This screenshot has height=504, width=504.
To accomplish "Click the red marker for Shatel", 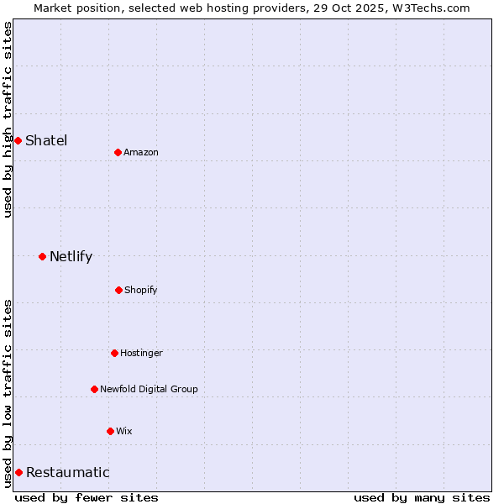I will [18, 140].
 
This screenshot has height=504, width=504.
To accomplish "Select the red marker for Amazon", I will [118, 152].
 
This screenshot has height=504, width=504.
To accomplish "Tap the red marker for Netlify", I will [42, 256].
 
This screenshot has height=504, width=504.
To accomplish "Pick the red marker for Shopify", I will [118, 290].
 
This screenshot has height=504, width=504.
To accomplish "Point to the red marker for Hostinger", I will [114, 353].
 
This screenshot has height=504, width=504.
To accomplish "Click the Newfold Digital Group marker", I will [94, 389].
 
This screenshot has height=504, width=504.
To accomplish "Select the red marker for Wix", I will [110, 431].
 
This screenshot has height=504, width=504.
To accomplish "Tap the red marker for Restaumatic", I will [18, 472].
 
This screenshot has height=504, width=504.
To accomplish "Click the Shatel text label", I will [46, 140].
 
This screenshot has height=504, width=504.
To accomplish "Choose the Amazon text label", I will [141, 152].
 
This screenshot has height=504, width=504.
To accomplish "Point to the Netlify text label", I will [71, 256].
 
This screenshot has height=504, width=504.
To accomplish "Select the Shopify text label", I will [141, 290].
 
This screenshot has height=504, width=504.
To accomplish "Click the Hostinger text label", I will [141, 353].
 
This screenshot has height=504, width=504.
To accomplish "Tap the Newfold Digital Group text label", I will [149, 389].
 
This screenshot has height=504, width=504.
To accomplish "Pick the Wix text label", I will [124, 431].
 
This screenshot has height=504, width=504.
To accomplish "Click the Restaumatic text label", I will [67, 472].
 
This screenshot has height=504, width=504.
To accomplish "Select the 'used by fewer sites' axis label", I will [87, 497].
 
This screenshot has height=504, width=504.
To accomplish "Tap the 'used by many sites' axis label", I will [422, 497].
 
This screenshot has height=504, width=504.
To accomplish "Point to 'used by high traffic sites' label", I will [8, 120].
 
